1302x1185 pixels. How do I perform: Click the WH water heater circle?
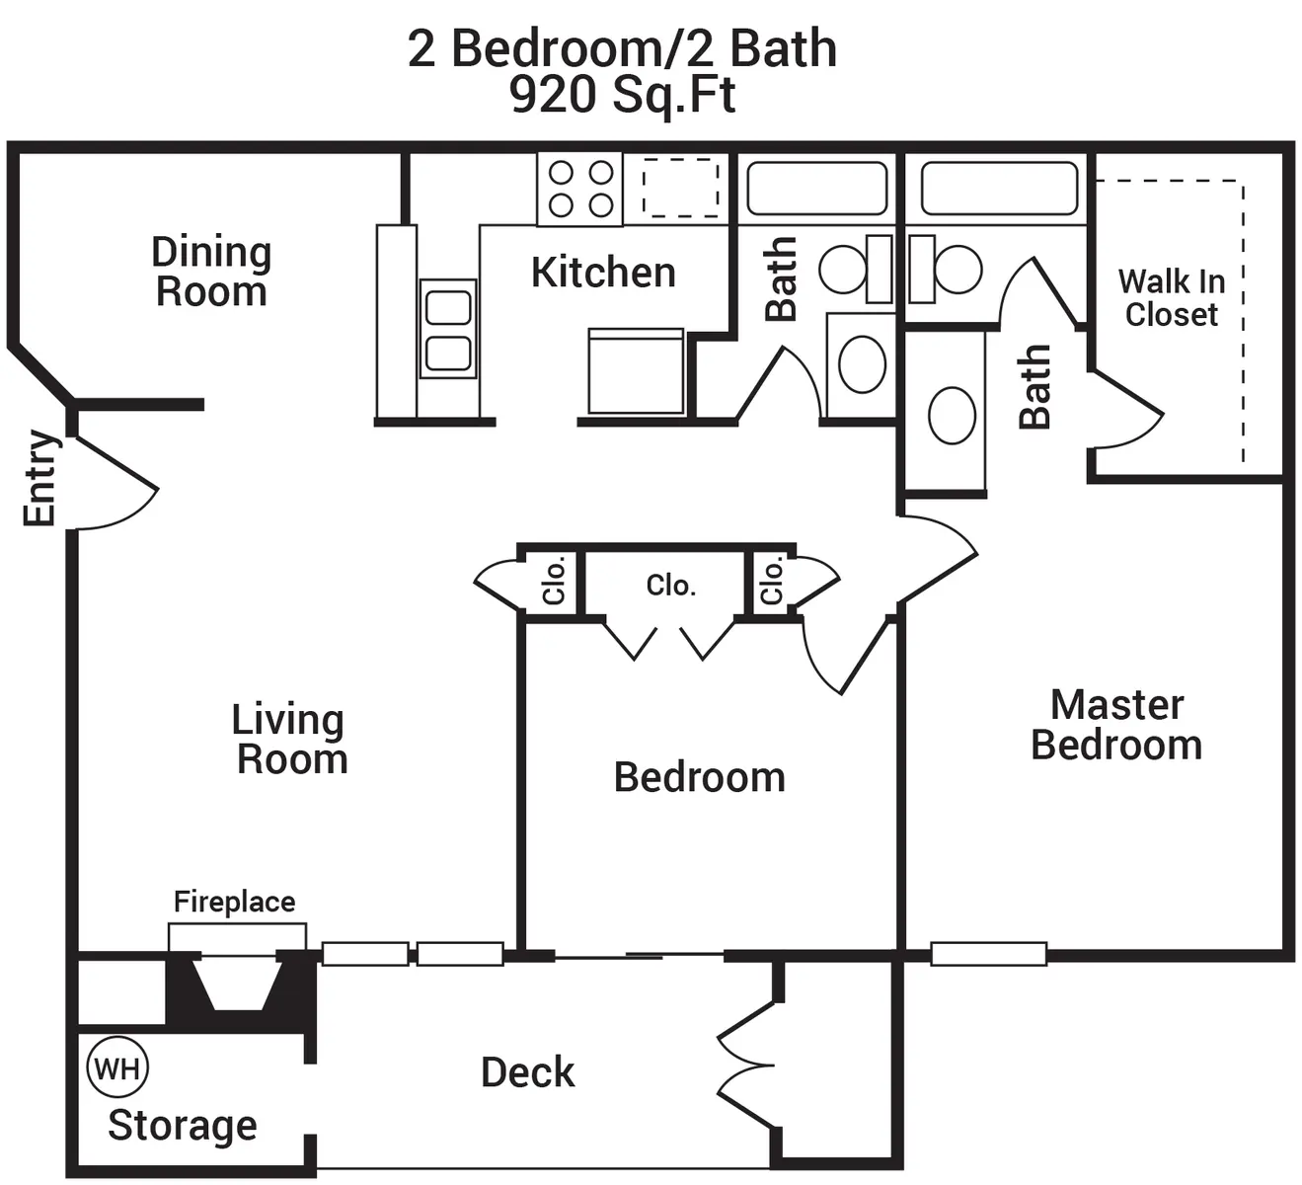coord(117,1067)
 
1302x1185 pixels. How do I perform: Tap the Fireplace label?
coord(234,902)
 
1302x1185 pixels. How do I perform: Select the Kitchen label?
coord(604,273)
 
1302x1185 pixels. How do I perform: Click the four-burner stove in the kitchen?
coord(579,189)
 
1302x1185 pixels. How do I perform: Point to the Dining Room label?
coord(211,272)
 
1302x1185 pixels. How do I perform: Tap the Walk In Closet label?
coord(1172,298)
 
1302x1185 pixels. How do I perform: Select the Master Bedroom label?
coord(1116,724)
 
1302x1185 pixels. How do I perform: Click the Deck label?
coord(528,1072)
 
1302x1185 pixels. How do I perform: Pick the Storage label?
coord(183,1126)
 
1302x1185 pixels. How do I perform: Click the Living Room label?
coord(290,739)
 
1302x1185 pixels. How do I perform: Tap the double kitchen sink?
coord(448,329)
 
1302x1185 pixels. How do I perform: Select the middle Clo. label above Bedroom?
coord(671,586)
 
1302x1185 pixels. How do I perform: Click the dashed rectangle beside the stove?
coord(681,188)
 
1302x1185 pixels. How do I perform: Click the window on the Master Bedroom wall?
coord(988,954)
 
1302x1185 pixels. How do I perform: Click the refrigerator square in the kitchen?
coord(636,370)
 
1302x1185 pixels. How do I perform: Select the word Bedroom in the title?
coord(559,48)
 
